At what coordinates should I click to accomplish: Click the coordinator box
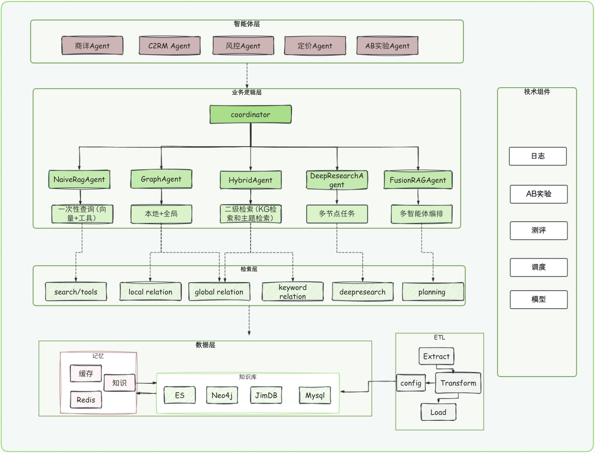coord(250,114)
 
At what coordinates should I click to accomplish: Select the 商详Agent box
coord(92,46)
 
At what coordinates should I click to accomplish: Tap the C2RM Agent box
coord(169,46)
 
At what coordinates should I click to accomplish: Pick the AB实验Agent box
coord(387,46)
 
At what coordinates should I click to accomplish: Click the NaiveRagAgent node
coord(79,179)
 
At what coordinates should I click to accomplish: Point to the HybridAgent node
coord(250,180)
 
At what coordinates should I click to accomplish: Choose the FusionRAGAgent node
coord(418,180)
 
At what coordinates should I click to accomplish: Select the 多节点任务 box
coord(337,214)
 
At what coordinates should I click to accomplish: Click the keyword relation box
coord(293,292)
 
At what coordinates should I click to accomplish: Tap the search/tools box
coord(76,292)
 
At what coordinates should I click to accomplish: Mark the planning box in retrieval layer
coord(432,292)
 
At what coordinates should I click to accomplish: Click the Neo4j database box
coord(222,395)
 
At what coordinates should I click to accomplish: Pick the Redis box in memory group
coord(86,400)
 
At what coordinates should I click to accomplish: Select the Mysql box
coord(315,395)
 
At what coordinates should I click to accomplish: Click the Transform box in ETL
coord(458,383)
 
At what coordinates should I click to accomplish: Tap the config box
coord(411,383)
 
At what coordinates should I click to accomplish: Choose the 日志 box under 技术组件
coord(538,156)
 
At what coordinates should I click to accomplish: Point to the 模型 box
coord(538,300)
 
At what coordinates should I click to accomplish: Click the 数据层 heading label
coord(205,345)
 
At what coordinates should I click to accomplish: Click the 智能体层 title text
coord(247,24)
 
